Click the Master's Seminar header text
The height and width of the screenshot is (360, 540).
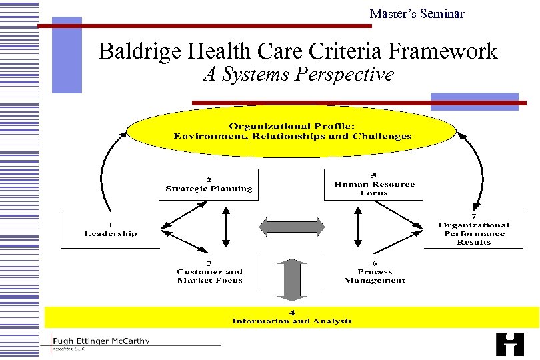pos(417,13)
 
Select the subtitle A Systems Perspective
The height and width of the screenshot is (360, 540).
pos(299,75)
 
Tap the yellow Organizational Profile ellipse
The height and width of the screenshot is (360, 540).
pos(292,131)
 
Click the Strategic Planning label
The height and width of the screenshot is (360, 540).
pos(209,189)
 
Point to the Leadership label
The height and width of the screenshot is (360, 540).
pos(111,233)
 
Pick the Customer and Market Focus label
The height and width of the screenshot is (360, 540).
pos(209,276)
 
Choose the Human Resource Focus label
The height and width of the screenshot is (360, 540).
pos(374,189)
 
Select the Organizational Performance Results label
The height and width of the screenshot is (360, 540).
pos(473,233)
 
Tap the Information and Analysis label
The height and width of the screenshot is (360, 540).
pos(292,321)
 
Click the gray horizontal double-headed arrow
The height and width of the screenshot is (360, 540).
pos(292,226)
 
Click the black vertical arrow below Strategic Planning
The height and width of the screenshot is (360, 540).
pos(226,227)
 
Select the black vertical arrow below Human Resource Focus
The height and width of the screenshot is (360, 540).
pos(358,227)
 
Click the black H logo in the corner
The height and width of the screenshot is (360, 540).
pos(510,343)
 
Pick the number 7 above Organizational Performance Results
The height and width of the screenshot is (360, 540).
pos(473,216)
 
